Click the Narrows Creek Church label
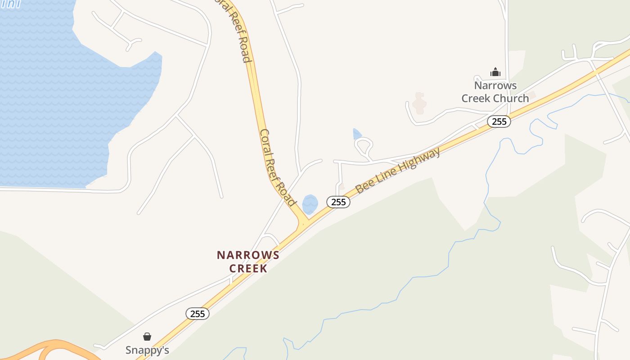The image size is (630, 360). point(495,92)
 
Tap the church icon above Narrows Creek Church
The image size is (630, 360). point(495,72)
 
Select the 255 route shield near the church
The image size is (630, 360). point(499,121)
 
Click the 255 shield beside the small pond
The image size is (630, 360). point(338,202)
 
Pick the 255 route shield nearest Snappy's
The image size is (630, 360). point(198,314)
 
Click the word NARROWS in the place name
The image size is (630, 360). point(248,255)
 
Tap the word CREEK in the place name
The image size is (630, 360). point(248,268)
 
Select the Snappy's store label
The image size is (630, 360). point(147,350)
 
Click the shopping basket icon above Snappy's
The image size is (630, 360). point(147,337)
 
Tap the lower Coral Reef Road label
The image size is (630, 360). point(277,167)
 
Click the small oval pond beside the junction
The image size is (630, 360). point(310,204)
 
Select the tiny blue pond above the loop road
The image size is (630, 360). point(357,134)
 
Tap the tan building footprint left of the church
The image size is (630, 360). point(419,103)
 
